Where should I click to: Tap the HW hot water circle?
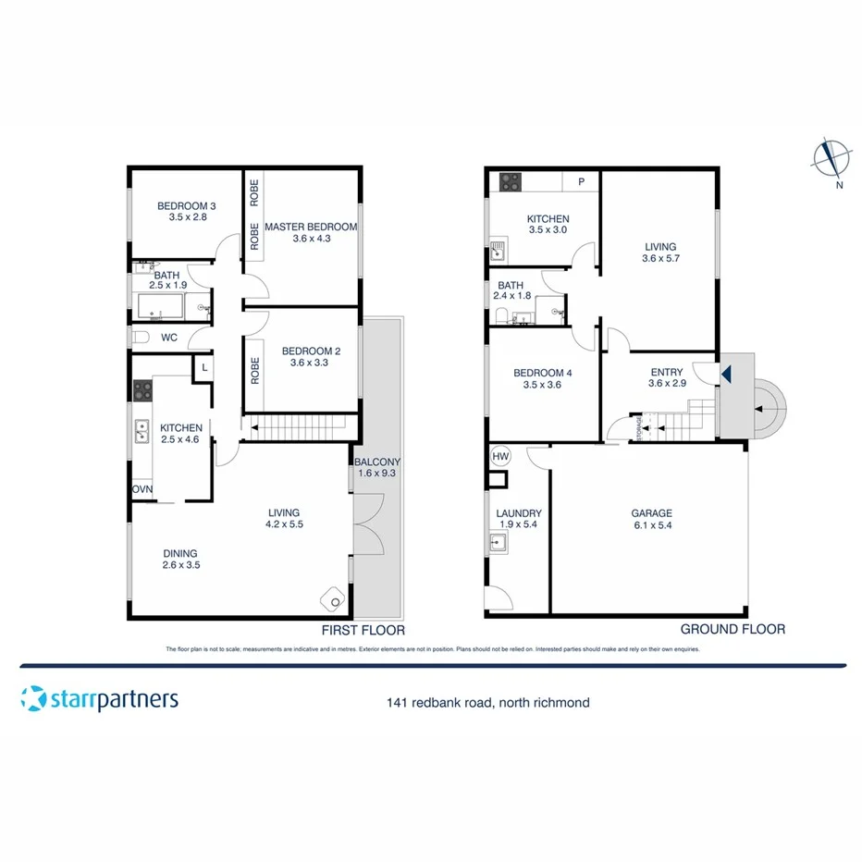coord(500,456)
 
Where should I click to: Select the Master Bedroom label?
coord(311,227)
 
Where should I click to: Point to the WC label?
coord(169,338)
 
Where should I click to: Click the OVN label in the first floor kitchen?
coord(142,489)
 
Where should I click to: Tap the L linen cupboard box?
coord(203,369)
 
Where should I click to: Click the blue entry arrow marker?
coord(726,375)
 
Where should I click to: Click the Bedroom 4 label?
coord(542,374)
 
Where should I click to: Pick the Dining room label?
coord(180,553)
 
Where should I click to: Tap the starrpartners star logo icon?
coord(33,699)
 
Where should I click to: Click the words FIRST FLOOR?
coord(363,630)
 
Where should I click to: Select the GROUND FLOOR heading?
coord(733,629)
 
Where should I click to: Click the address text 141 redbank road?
coord(438,703)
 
